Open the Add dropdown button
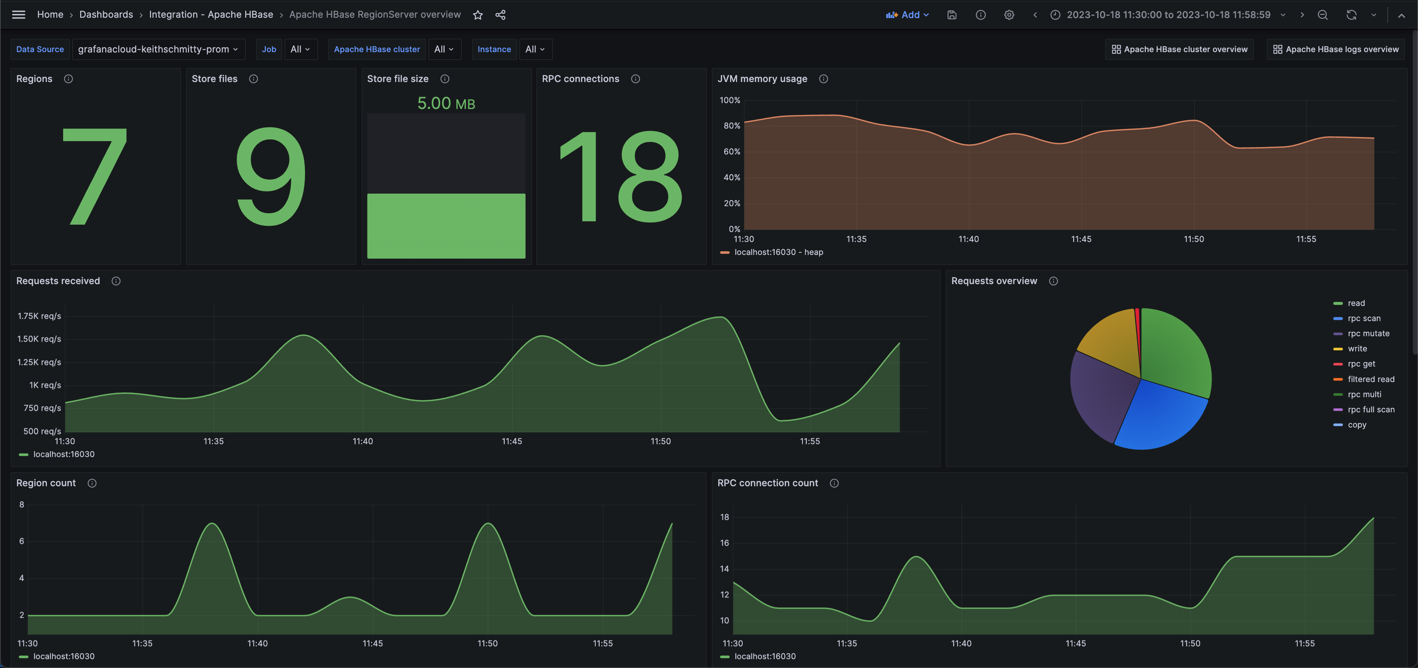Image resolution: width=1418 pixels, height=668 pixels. [x=907, y=15]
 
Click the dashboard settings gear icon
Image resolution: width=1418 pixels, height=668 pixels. [x=1008, y=15]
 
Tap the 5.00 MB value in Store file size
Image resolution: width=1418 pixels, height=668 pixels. [x=446, y=103]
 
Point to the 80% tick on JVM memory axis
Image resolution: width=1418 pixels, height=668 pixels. [x=732, y=126]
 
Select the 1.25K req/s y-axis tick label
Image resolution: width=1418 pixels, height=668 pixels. [x=39, y=362]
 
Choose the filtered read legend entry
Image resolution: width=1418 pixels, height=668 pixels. [x=1371, y=379]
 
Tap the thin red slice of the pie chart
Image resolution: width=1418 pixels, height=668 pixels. [x=1137, y=330]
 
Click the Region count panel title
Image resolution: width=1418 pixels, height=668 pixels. [x=46, y=483]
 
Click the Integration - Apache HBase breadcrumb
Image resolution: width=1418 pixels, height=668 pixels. [x=211, y=15]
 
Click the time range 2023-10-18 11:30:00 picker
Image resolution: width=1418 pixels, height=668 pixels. [x=1168, y=15]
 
